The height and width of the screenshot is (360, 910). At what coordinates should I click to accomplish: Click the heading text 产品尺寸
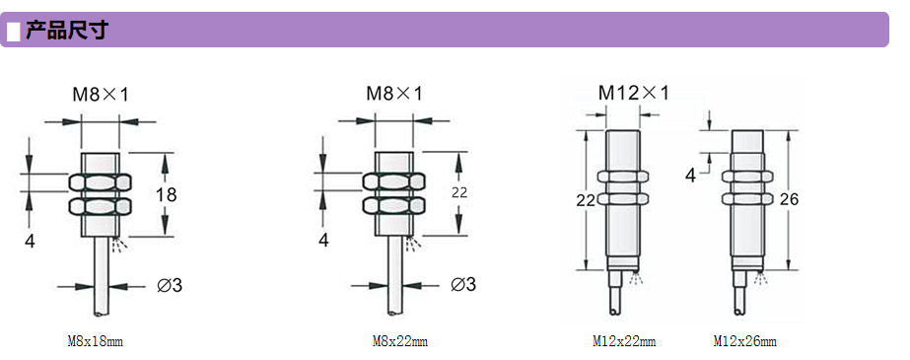click(x=66, y=30)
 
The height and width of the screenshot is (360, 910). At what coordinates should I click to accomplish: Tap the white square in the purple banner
click(x=14, y=31)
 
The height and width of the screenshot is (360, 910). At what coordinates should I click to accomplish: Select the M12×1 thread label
click(x=634, y=93)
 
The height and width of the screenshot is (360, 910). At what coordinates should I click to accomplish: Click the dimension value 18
click(x=166, y=194)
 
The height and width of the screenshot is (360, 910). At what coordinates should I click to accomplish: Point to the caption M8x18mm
click(x=96, y=341)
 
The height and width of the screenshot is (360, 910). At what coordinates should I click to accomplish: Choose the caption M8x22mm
click(x=400, y=341)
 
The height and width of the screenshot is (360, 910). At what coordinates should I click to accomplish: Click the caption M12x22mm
click(x=624, y=341)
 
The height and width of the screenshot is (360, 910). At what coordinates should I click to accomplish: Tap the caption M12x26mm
click(x=744, y=341)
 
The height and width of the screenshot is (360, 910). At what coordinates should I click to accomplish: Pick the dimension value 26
click(x=790, y=199)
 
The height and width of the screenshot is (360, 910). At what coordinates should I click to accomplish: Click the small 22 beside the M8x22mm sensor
click(x=459, y=193)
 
